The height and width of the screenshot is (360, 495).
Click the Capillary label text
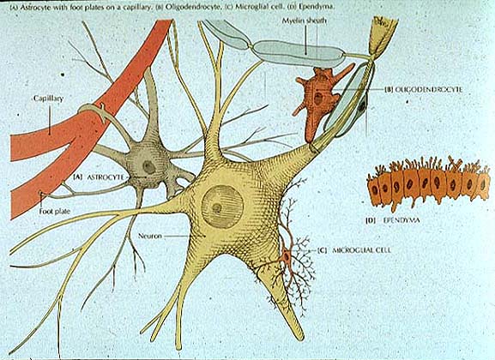click(48, 99)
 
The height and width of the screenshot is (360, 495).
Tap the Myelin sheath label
click(304, 21)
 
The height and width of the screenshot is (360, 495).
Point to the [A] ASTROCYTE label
click(99, 177)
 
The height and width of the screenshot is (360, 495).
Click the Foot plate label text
click(54, 211)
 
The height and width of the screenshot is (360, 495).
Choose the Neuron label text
click(149, 236)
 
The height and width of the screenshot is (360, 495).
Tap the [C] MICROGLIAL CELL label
click(354, 250)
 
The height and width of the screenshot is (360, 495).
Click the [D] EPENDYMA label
click(393, 220)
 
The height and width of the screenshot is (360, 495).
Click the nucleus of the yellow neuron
click(222, 207)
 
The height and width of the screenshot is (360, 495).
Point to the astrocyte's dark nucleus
click(148, 167)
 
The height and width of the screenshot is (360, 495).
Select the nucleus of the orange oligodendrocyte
click(318, 99)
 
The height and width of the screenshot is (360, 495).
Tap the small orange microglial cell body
click(287, 256)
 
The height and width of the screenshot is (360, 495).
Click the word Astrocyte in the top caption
click(31, 8)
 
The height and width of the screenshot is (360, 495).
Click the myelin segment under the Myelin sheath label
click(299, 53)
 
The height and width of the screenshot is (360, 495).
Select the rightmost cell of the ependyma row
click(483, 185)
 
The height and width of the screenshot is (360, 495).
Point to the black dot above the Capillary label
click(63, 75)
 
